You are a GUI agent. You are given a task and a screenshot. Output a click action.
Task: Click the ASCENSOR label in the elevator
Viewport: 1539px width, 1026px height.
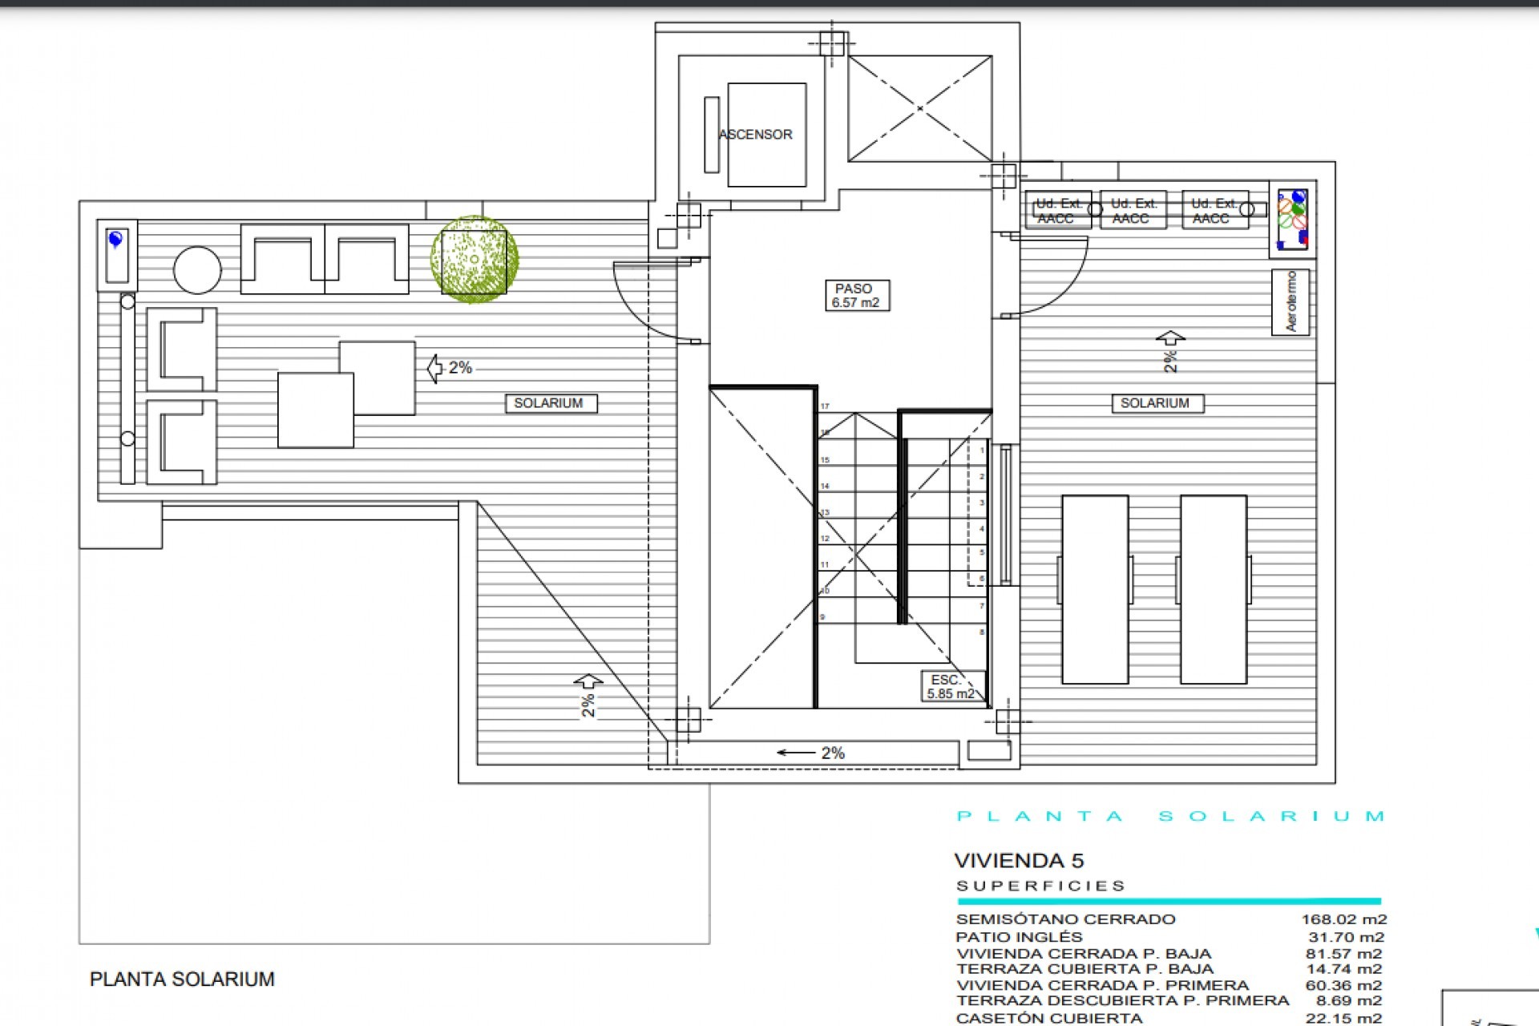(x=756, y=135)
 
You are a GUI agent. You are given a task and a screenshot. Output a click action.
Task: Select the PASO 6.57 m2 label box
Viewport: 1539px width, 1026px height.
(x=856, y=296)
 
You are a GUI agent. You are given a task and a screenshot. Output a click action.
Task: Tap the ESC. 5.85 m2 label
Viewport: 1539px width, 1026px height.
(x=951, y=687)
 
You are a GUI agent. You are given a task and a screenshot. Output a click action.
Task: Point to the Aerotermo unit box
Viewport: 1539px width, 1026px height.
(x=1291, y=302)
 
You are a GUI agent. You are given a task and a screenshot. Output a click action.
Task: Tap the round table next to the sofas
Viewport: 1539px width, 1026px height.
(x=197, y=270)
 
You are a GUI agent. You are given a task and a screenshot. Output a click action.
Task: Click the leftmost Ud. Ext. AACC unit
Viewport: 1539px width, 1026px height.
(x=1057, y=211)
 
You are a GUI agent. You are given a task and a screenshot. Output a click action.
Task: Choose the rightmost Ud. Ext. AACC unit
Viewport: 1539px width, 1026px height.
(x=1214, y=211)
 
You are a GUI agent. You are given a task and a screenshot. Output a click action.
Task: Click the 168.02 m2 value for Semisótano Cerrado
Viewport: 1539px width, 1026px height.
(x=1343, y=919)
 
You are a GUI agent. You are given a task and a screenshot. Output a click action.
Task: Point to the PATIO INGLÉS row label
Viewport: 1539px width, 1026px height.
(x=1019, y=937)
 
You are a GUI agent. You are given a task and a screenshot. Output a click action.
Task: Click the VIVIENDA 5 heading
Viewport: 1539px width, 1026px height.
(x=1019, y=861)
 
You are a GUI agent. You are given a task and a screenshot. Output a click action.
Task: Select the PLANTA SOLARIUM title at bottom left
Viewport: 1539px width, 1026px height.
(x=182, y=980)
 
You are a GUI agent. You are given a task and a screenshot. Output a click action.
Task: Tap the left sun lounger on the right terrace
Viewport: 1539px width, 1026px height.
(x=1095, y=589)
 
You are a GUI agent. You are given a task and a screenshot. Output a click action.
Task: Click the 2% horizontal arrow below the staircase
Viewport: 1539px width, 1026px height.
(x=810, y=753)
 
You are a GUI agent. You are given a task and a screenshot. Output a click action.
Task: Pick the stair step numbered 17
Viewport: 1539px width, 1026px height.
(x=825, y=406)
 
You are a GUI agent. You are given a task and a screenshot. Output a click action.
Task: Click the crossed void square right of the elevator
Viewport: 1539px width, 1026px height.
(x=920, y=108)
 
